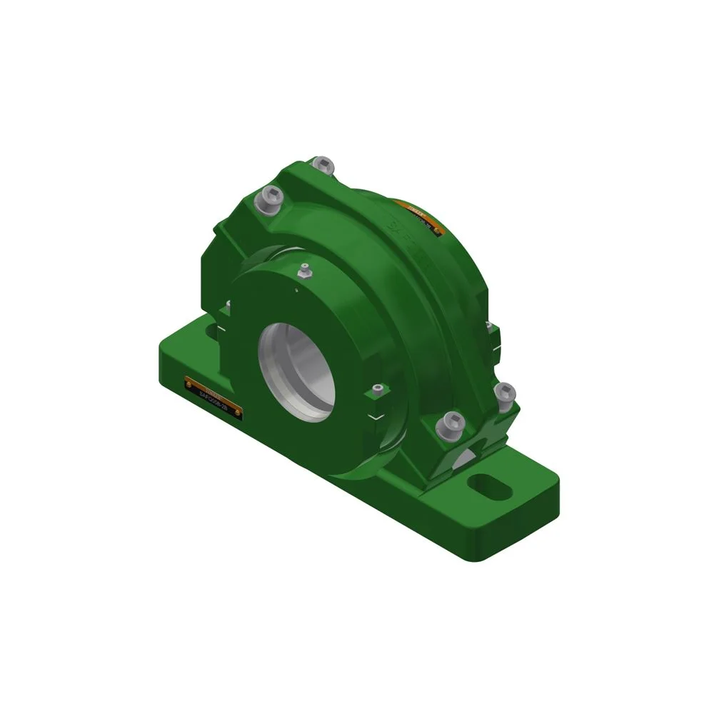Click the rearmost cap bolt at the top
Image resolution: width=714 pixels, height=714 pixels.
pos(324,164)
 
